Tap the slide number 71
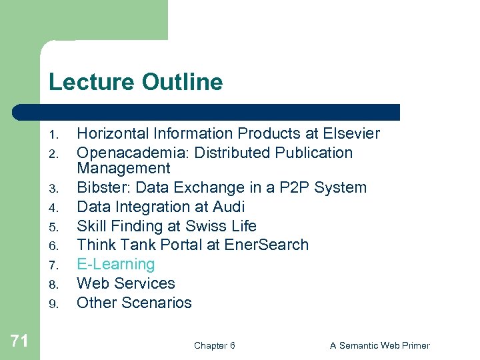pyautogui.click(x=19, y=342)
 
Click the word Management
pyautogui.click(x=123, y=169)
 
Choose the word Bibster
pyautogui.click(x=100, y=188)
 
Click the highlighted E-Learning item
pyautogui.click(x=116, y=264)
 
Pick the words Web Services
pyautogui.click(x=126, y=283)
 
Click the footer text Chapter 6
pyautogui.click(x=214, y=345)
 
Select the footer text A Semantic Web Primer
pyautogui.click(x=379, y=345)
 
